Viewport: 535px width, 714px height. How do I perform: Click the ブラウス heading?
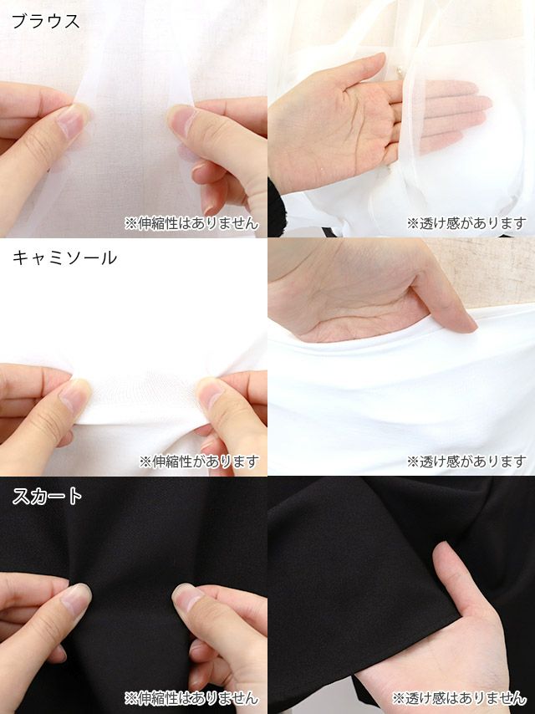tap(45, 22)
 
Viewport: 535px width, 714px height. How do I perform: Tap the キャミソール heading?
tap(64, 258)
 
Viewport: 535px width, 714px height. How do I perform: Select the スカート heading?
tap(48, 497)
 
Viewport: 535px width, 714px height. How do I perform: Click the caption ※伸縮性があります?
tap(199, 462)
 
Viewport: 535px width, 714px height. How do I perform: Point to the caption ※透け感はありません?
tap(460, 697)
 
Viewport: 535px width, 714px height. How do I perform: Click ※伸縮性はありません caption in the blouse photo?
tap(191, 223)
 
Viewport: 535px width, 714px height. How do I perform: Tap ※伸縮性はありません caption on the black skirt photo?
tap(191, 697)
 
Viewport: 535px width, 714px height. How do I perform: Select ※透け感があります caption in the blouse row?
tap(466, 223)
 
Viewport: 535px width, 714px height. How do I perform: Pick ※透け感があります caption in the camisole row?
tap(466, 462)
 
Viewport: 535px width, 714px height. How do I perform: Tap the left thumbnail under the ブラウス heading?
tap(72, 121)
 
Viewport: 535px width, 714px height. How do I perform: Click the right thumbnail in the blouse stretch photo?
tap(182, 120)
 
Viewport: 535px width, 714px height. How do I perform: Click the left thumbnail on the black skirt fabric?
tap(75, 599)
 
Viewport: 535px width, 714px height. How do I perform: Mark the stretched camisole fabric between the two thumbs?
tap(142, 397)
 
